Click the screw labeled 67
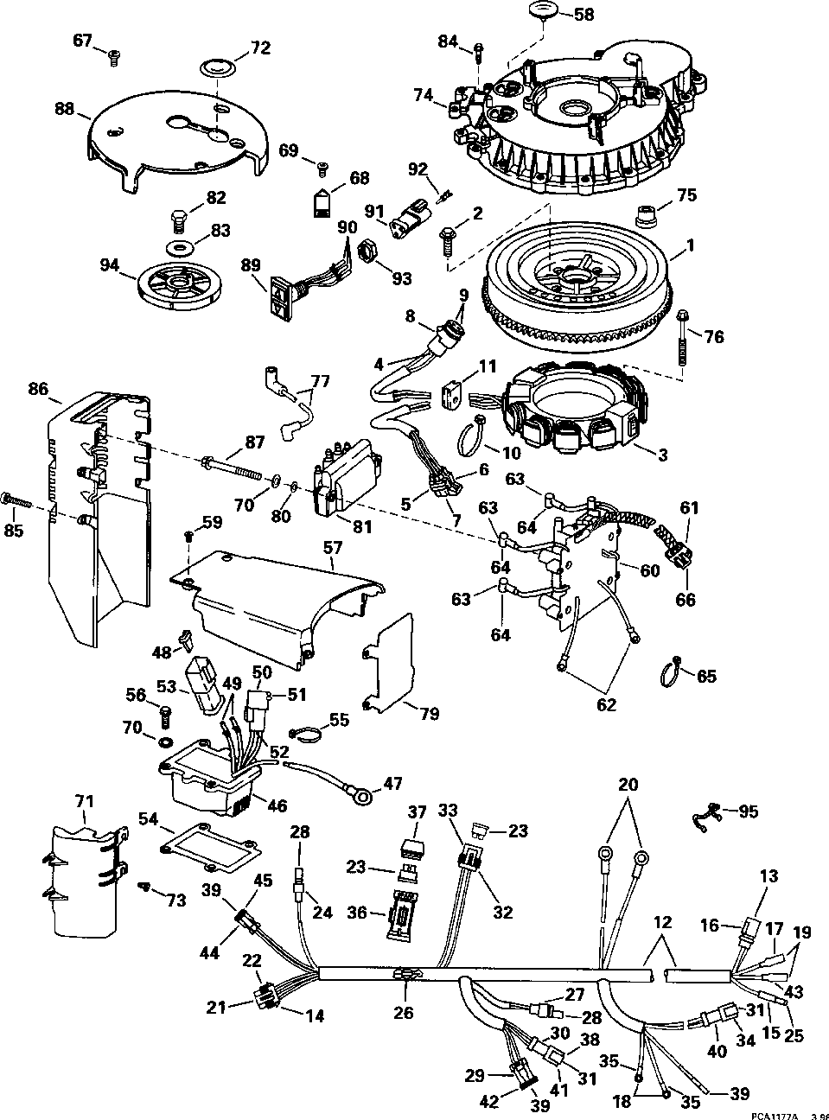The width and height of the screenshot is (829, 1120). [112, 57]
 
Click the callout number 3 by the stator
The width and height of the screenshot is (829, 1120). [663, 454]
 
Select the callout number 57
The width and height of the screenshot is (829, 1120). [333, 547]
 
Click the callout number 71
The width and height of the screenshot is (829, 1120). [84, 803]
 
